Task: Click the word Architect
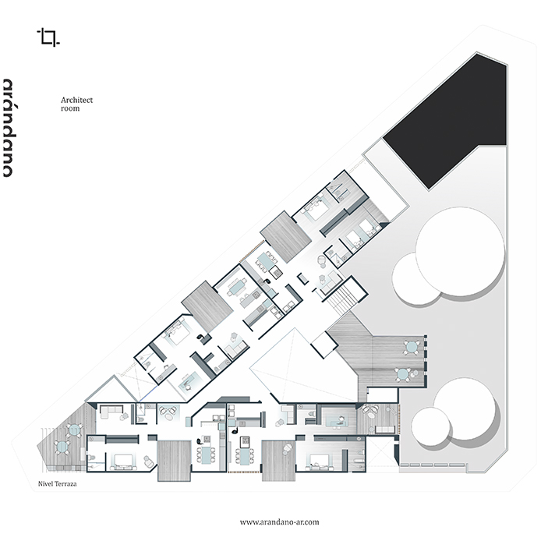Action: (x=77, y=100)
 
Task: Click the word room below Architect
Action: (x=70, y=108)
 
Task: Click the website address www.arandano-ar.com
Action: (x=279, y=522)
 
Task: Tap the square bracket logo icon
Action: (x=48, y=37)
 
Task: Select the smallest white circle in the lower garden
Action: (x=430, y=426)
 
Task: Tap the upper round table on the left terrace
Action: (x=74, y=430)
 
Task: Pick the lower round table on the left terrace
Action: (x=62, y=447)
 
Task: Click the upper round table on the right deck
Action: (x=412, y=347)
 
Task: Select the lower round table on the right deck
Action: (x=402, y=374)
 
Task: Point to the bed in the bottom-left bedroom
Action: (x=122, y=461)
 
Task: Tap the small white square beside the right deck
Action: (x=324, y=345)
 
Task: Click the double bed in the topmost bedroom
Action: (x=316, y=208)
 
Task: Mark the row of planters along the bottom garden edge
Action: (x=433, y=465)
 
